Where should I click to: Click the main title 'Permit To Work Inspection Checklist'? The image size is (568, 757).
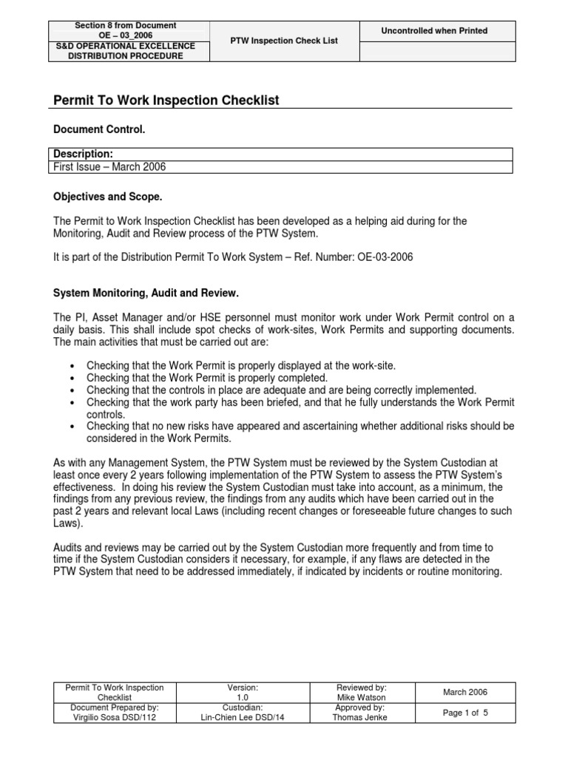coord(166,100)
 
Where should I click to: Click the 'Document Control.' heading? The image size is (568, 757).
coord(99,129)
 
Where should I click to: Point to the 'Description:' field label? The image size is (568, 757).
coord(83,154)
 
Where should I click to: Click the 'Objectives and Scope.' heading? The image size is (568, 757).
coord(107,197)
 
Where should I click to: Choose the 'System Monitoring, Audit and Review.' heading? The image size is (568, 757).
coord(146,293)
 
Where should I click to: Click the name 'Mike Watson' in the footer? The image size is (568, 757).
coord(361,697)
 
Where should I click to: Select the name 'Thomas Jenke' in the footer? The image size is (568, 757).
coord(361,717)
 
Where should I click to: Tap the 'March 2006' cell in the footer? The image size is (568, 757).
coord(465,692)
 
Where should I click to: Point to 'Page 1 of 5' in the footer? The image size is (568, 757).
coord(465,713)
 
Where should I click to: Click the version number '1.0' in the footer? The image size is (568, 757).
coord(243,697)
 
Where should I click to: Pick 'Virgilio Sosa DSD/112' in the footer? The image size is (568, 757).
coord(114,717)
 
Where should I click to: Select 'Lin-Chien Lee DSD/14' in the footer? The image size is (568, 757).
coord(243,717)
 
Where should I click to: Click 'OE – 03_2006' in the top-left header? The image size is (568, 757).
coord(125,35)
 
